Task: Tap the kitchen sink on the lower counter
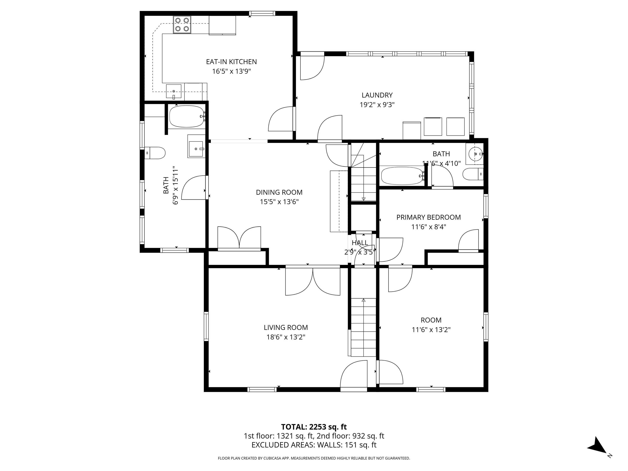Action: (174, 91)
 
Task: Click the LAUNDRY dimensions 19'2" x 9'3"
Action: (377, 105)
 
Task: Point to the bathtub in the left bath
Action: (186, 116)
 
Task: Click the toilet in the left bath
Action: (155, 153)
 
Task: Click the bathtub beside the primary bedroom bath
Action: (402, 176)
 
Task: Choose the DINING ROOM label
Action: (279, 192)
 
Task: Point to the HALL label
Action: (360, 243)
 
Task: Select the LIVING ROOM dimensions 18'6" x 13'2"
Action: (286, 337)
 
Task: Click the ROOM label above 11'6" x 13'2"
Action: (431, 320)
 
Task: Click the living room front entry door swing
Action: (354, 375)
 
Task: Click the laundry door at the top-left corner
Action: (312, 67)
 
